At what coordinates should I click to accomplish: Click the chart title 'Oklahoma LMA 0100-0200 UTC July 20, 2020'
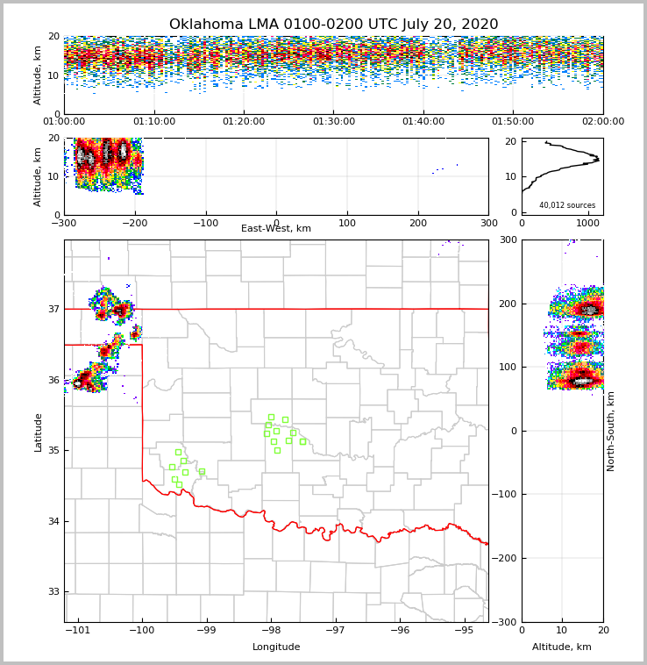[x=333, y=25]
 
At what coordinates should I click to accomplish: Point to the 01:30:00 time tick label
[x=333, y=122]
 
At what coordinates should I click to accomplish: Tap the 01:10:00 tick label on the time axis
[x=153, y=122]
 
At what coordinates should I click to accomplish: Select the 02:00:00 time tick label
[x=602, y=122]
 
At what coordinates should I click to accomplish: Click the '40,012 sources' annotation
[x=567, y=205]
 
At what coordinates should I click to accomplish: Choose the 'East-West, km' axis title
[x=276, y=229]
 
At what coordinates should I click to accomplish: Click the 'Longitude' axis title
[x=276, y=647]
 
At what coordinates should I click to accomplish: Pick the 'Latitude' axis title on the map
[x=39, y=432]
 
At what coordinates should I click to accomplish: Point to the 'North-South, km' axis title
[x=611, y=431]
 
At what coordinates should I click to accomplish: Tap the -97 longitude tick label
[x=336, y=631]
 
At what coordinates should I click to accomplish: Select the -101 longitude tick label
[x=78, y=631]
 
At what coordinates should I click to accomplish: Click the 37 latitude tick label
[x=53, y=309]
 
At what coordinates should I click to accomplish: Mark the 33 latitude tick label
[x=53, y=592]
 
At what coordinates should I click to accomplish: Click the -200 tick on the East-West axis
[x=135, y=223]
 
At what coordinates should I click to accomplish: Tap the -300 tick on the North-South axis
[x=507, y=622]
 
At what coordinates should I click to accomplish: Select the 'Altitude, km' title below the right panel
[x=562, y=647]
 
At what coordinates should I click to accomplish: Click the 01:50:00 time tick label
[x=513, y=122]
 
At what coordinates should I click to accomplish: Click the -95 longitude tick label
[x=465, y=631]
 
